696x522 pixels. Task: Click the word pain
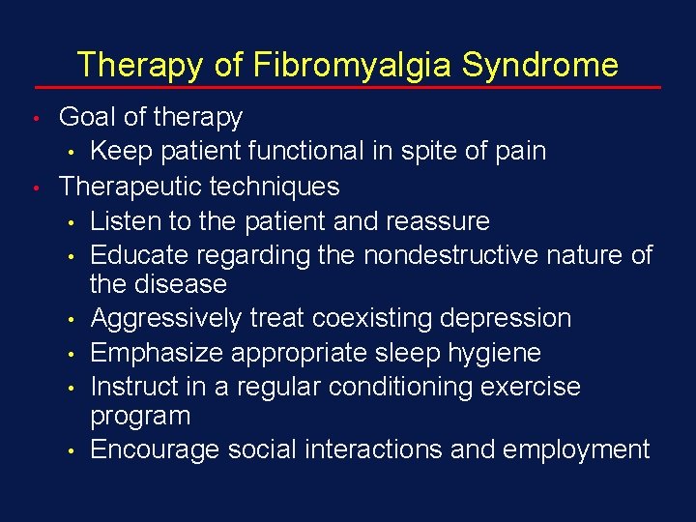coord(520,152)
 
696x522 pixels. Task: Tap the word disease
coord(186,284)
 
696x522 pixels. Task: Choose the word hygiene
coord(494,354)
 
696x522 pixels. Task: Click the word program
coord(140,418)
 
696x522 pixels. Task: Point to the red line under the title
coord(348,87)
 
